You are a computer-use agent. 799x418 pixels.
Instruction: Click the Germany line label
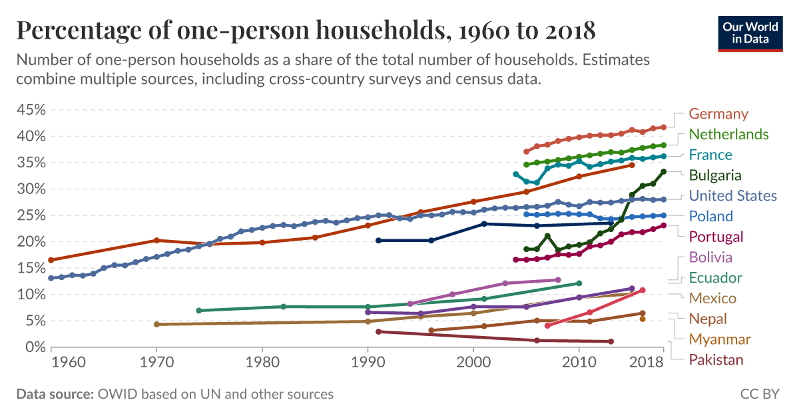coord(718,113)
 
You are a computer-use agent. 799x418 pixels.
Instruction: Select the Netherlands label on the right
coord(728,134)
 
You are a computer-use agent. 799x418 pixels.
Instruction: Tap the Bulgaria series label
coord(715,175)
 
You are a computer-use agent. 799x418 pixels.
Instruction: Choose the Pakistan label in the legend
coord(716,360)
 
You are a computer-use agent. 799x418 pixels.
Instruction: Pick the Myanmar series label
coord(720,339)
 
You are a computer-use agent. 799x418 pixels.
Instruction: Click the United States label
coord(732,195)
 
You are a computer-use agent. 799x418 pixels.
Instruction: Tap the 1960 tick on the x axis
coord(67,363)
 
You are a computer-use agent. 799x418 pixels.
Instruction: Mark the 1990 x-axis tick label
coord(368,363)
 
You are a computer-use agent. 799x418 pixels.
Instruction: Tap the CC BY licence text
coord(760,394)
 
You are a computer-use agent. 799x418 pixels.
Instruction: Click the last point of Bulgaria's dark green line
coord(664,171)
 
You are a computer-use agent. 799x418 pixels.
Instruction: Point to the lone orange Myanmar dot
coord(643,319)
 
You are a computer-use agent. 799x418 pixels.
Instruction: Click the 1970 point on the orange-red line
coord(156,240)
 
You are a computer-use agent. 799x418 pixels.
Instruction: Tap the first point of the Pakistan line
coord(378,331)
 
